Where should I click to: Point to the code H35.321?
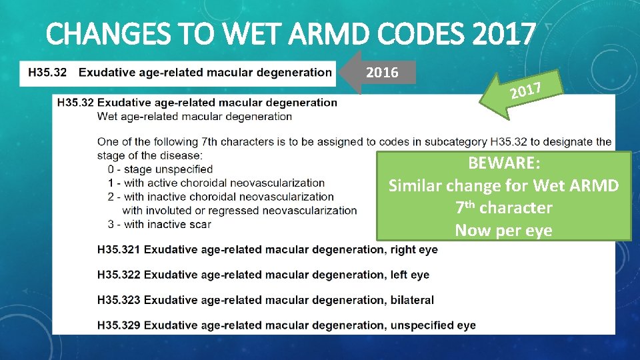[x=119, y=249]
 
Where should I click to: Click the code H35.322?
[x=119, y=275]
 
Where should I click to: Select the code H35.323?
[x=119, y=300]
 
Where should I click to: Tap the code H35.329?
[x=119, y=325]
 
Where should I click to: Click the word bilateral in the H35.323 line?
[x=409, y=300]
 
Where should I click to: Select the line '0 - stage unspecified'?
[x=155, y=169]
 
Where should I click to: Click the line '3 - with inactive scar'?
[x=154, y=224]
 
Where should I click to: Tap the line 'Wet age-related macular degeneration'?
[x=195, y=116]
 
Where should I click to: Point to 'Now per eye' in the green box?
[x=503, y=231]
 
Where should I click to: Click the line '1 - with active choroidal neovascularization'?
[x=211, y=183]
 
